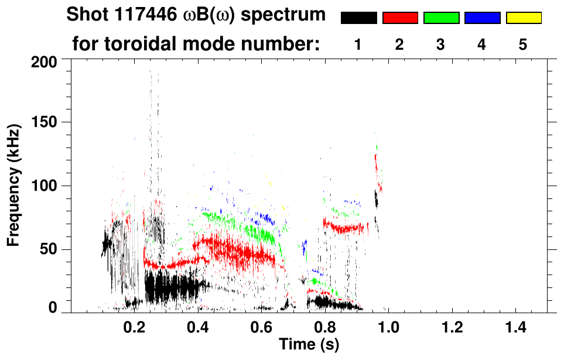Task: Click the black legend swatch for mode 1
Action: click(358, 18)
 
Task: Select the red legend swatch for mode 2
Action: click(400, 18)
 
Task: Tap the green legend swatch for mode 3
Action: click(441, 18)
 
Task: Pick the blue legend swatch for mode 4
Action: click(482, 18)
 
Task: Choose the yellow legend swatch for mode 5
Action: click(523, 18)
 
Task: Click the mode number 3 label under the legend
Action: click(440, 44)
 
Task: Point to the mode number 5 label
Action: click(522, 44)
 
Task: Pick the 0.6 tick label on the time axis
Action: click(262, 326)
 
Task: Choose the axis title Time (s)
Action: click(309, 345)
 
